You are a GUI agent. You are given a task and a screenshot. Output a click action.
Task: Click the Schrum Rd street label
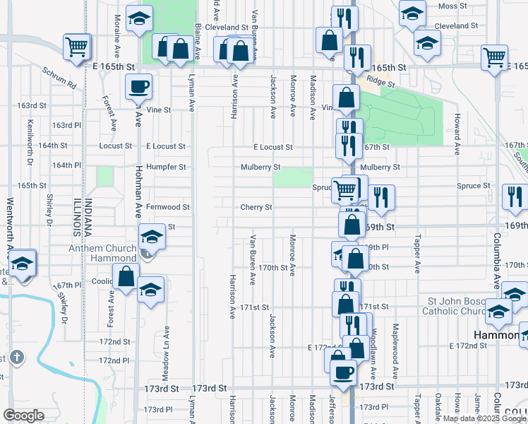pyautogui.click(x=59, y=78)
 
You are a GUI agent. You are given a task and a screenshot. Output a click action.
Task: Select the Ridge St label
pyautogui.click(x=380, y=82)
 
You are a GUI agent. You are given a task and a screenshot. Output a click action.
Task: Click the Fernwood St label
pyautogui.click(x=168, y=207)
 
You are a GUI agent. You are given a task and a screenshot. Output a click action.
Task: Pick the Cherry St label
pyautogui.click(x=256, y=207)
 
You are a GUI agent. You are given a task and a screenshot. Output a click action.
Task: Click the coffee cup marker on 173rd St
pyautogui.click(x=344, y=372)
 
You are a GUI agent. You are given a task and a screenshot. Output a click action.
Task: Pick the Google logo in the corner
pyautogui.click(x=23, y=416)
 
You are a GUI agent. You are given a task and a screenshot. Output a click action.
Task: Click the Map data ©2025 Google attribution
pyautogui.click(x=483, y=418)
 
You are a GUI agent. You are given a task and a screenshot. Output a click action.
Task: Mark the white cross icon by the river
pyautogui.click(x=18, y=358)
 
